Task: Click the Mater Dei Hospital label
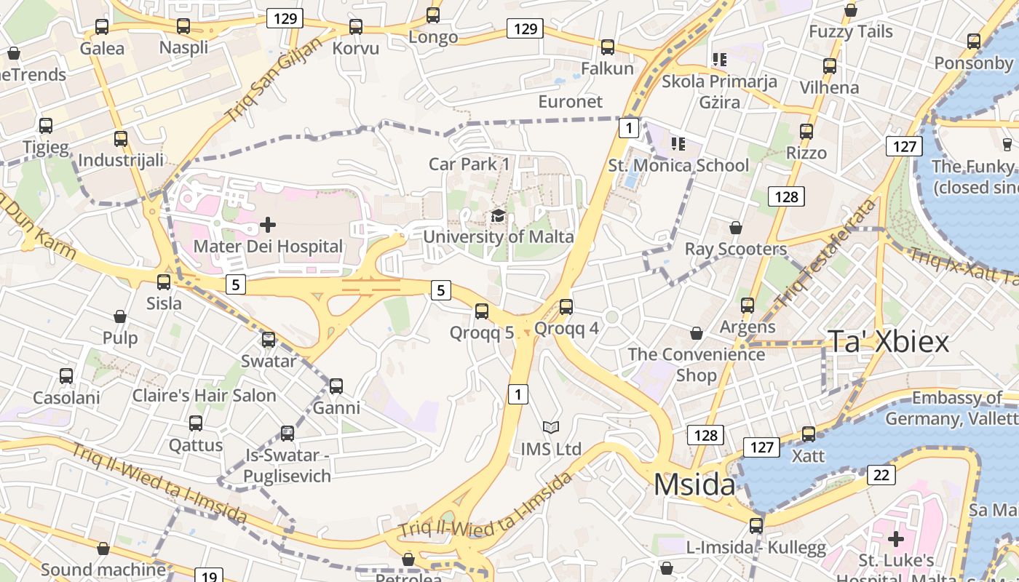pyautogui.click(x=267, y=247)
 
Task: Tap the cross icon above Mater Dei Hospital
pyautogui.click(x=268, y=224)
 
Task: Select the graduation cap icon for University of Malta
pyautogui.click(x=498, y=215)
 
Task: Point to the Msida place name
pyautogui.click(x=694, y=485)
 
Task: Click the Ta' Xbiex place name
pyautogui.click(x=888, y=342)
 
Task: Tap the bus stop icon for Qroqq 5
pyautogui.click(x=481, y=311)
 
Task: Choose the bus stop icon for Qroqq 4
pyautogui.click(x=566, y=307)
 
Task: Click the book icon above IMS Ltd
pyautogui.click(x=551, y=427)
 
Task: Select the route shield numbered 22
pyautogui.click(x=881, y=475)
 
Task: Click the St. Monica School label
pyautogui.click(x=678, y=166)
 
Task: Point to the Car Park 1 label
pyautogui.click(x=469, y=164)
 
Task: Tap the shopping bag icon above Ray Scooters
pyautogui.click(x=736, y=228)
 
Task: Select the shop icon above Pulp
pyautogui.click(x=120, y=316)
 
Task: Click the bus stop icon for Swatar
pyautogui.click(x=269, y=340)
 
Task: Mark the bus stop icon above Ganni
pyautogui.click(x=336, y=386)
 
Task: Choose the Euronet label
pyautogui.click(x=570, y=101)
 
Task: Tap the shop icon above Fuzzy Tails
pyautogui.click(x=850, y=10)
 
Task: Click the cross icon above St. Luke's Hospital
pyautogui.click(x=895, y=539)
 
